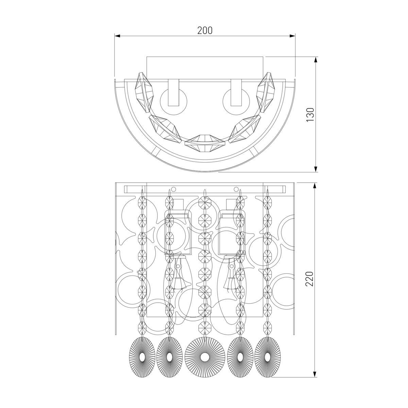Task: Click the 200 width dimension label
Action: [x=205, y=31]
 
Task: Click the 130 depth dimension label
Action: [x=310, y=115]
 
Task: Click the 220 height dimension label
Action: [x=309, y=279]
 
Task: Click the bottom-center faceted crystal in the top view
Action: [x=204, y=143]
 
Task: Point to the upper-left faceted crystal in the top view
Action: [x=144, y=92]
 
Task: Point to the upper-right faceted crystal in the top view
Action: [x=266, y=92]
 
